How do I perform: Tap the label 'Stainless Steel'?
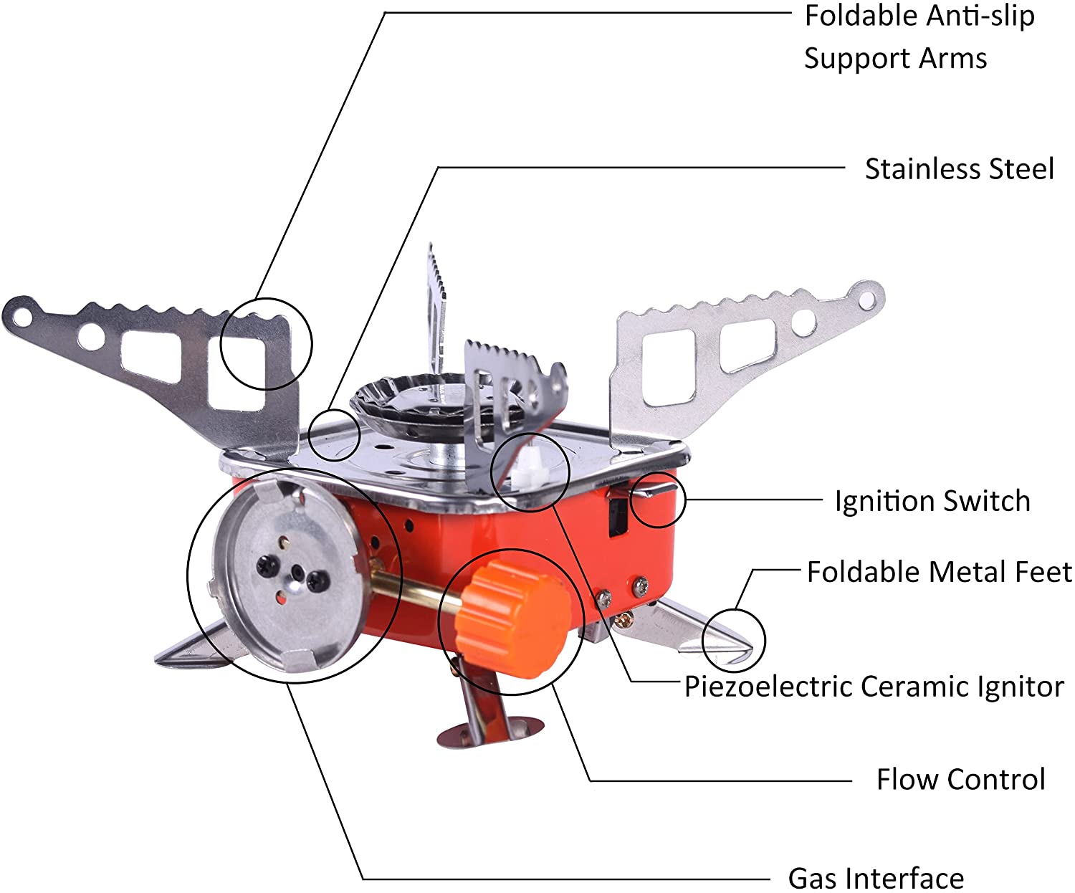pos(959,169)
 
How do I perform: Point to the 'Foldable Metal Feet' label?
pos(940,572)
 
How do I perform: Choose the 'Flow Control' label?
pos(961,779)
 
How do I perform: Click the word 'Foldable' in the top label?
pos(860,16)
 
